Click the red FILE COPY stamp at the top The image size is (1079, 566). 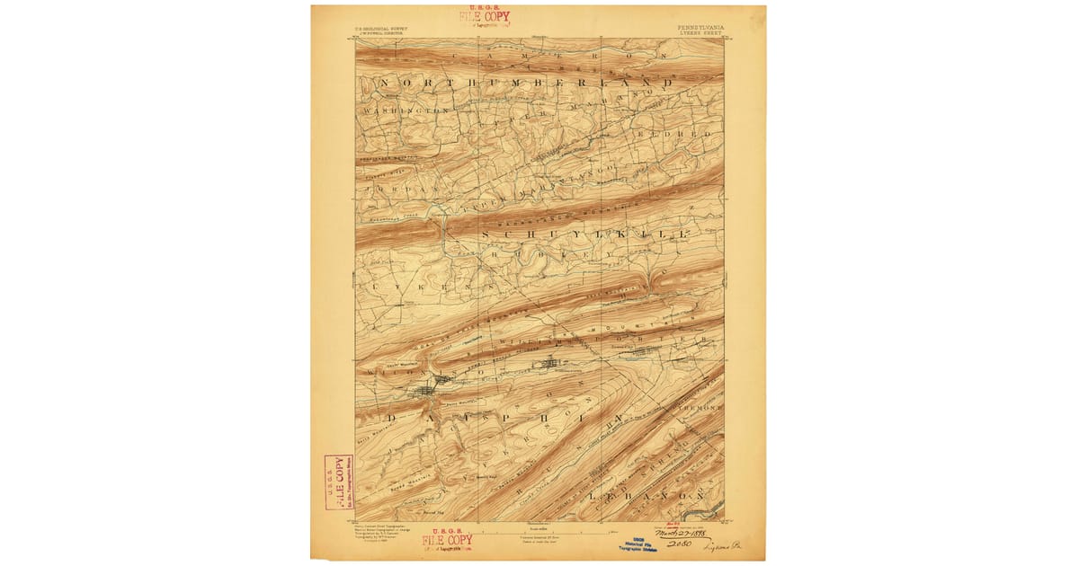[x=484, y=17]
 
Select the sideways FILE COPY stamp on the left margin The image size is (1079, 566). [x=338, y=482]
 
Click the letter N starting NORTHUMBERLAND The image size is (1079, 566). [x=385, y=84]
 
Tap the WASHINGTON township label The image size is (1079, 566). [x=405, y=110]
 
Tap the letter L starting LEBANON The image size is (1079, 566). [x=592, y=495]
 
